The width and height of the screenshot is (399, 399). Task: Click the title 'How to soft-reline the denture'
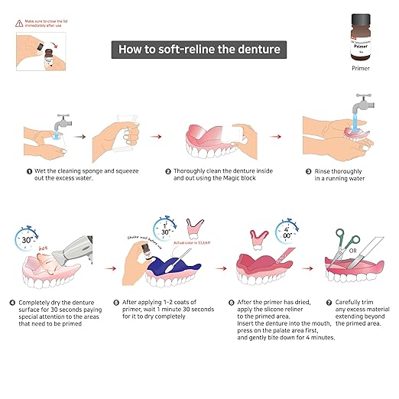click(x=199, y=50)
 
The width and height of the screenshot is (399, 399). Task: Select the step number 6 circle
click(x=232, y=303)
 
